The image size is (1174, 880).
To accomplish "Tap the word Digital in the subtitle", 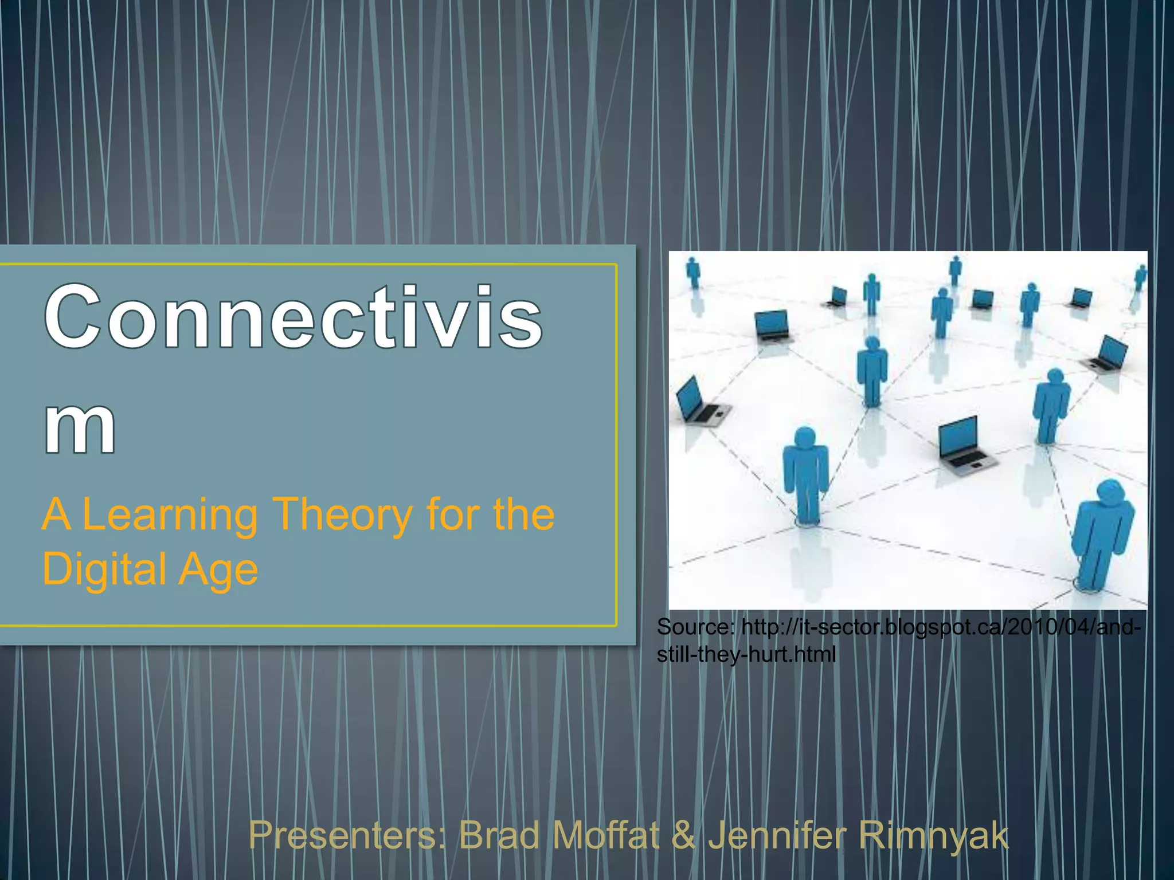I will [103, 570].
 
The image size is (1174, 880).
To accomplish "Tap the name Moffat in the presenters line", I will [606, 835].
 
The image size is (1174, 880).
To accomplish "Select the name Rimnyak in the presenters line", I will [933, 835].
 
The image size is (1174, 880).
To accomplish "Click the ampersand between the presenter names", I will [683, 835].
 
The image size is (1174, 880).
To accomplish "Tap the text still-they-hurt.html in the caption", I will [746, 654].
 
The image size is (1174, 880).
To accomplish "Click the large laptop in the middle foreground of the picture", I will [963, 446].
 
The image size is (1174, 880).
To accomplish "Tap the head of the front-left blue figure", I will [805, 437].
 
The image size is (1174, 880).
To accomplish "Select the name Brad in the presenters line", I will [499, 835].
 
